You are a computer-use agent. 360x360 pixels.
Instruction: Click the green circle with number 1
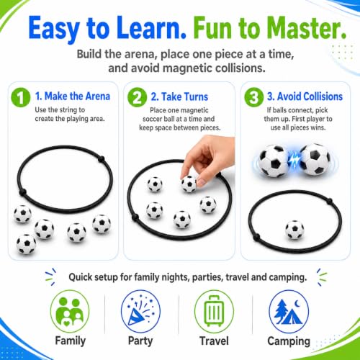(x=21, y=97)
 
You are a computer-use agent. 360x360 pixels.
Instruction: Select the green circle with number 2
(x=137, y=97)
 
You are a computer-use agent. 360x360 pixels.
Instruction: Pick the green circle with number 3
(x=254, y=97)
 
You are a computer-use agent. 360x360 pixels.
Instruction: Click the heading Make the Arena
(x=77, y=96)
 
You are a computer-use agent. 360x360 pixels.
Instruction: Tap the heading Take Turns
(x=184, y=96)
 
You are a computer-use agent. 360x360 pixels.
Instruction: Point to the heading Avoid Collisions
(x=310, y=96)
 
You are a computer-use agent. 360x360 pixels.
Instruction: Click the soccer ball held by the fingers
(x=189, y=184)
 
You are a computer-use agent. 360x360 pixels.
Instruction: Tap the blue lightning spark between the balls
(x=294, y=160)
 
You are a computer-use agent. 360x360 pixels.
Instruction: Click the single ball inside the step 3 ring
(x=294, y=230)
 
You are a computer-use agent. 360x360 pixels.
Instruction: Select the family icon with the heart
(x=70, y=311)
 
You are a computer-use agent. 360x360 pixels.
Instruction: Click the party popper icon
(x=140, y=311)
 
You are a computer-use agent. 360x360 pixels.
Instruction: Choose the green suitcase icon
(x=214, y=311)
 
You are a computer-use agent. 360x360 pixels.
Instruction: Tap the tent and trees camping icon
(x=289, y=311)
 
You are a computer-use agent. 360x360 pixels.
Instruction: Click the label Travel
(x=214, y=341)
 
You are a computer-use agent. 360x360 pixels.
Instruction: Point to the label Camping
(x=289, y=341)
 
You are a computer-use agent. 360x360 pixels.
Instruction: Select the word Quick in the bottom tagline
(x=81, y=277)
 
